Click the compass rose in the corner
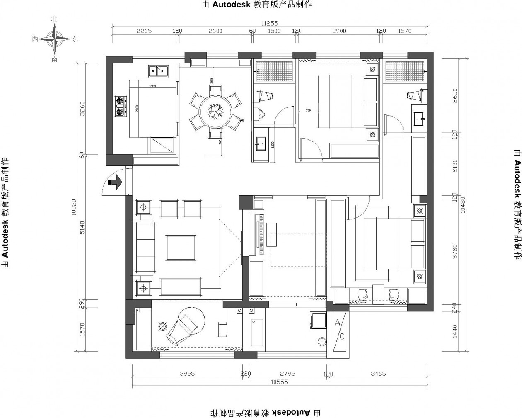coord(54,39)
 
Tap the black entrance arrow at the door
coord(114,182)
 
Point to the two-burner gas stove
coord(120,106)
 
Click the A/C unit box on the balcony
coord(339,329)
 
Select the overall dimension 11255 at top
coord(269,24)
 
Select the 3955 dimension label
coord(187,374)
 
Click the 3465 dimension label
coord(378,374)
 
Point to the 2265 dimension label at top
coord(144,31)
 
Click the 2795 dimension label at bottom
coord(288,374)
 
